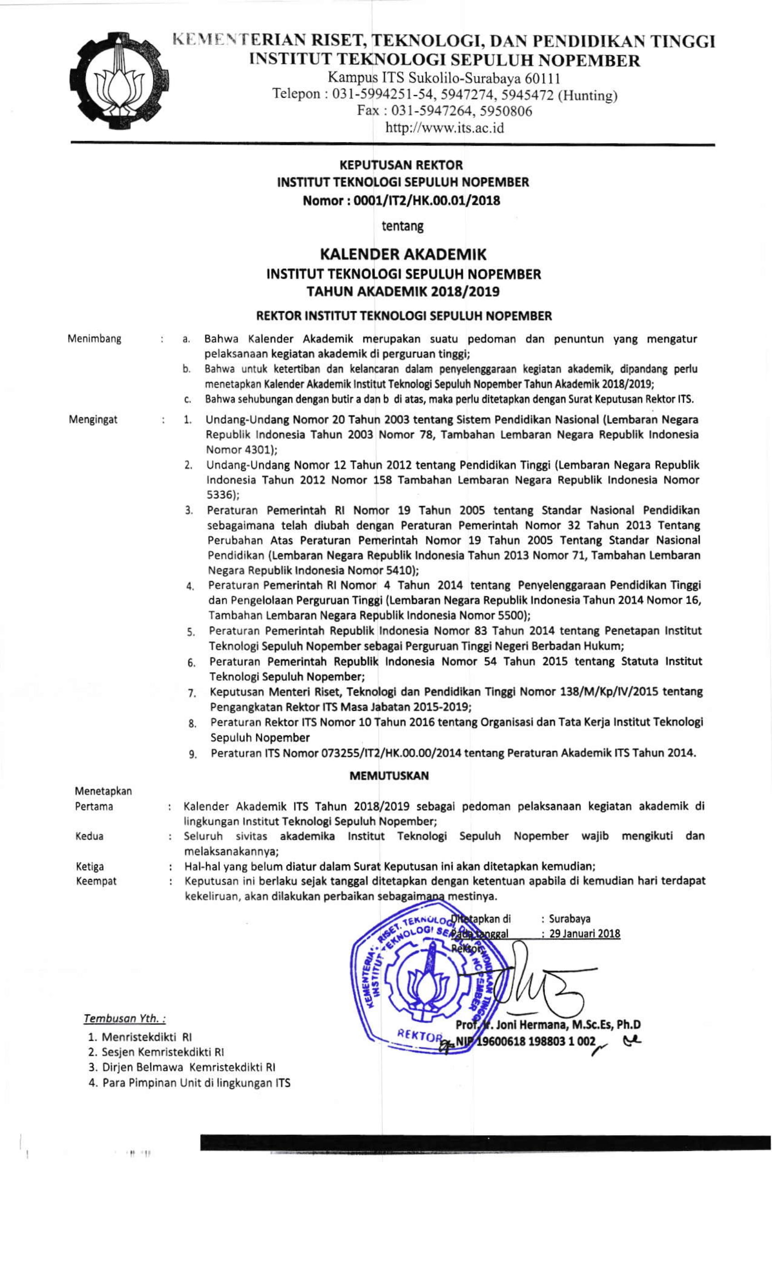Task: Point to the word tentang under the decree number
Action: point(402,226)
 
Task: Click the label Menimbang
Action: point(94,339)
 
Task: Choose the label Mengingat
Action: point(93,419)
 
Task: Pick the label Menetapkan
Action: point(103,791)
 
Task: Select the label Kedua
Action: point(89,836)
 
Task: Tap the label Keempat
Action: point(96,881)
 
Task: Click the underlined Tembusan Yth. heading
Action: point(124,1018)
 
